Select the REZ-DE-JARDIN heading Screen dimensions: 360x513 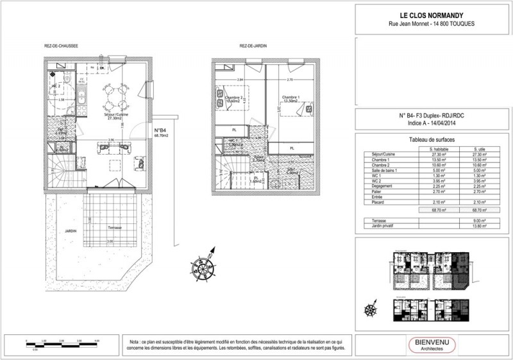tap(253, 46)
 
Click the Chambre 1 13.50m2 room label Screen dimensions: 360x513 tap(292, 99)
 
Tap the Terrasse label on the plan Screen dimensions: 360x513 tap(115, 228)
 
